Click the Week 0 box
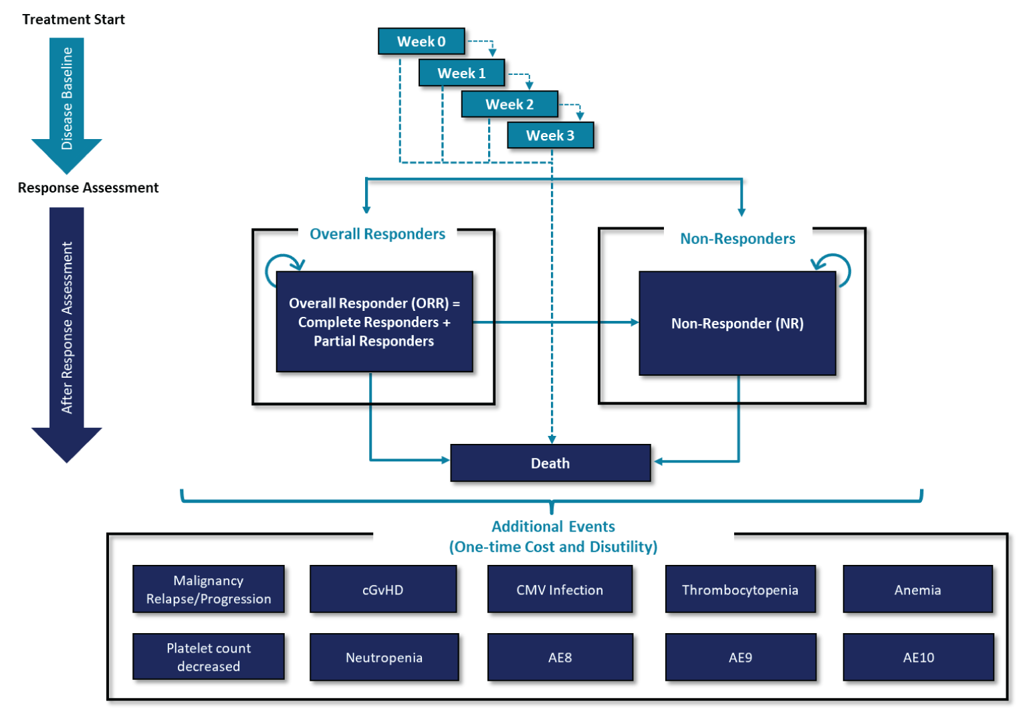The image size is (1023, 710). [421, 41]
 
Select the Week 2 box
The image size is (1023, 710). [509, 104]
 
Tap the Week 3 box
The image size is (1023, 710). [550, 136]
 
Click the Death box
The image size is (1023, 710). [550, 463]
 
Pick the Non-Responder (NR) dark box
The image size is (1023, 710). [737, 324]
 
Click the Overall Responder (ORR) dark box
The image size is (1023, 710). [374, 322]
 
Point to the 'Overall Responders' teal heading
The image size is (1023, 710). [377, 234]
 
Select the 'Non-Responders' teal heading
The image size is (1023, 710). [737, 239]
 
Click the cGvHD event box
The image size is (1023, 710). [383, 590]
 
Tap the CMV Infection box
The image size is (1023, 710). [560, 590]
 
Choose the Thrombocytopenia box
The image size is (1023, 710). [740, 590]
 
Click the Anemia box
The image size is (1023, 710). [917, 590]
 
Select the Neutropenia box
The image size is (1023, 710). [384, 658]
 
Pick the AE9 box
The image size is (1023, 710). [740, 658]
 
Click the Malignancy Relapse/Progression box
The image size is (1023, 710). [209, 590]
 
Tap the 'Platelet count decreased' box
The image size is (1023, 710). [209, 657]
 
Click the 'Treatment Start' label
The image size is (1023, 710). [74, 19]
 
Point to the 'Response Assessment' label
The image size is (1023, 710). [88, 188]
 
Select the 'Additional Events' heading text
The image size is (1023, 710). [553, 527]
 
